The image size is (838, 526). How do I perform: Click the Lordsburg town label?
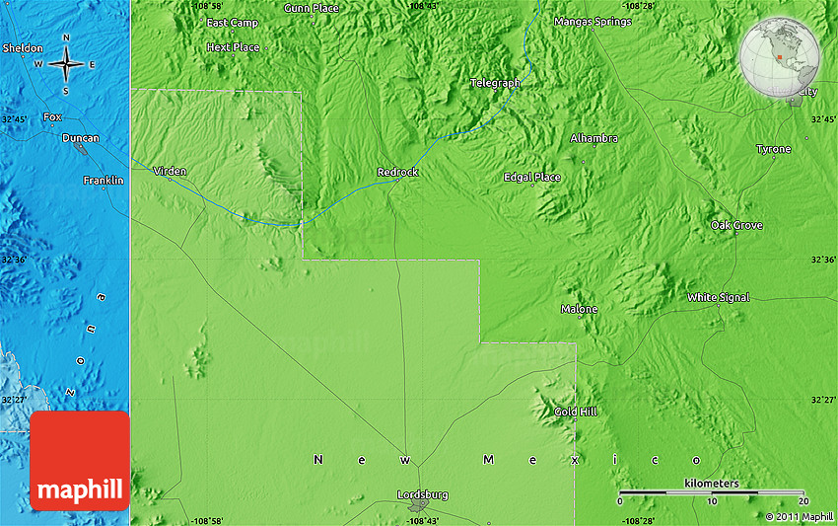pyautogui.click(x=422, y=493)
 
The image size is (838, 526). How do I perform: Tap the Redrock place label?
pyautogui.click(x=398, y=173)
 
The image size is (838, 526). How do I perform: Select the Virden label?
pyautogui.click(x=170, y=171)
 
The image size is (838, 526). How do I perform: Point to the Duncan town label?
pyautogui.click(x=80, y=138)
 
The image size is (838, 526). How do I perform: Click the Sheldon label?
pyautogui.click(x=23, y=47)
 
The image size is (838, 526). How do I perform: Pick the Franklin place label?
pyautogui.click(x=104, y=180)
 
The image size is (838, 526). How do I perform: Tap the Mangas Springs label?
pyautogui.click(x=593, y=22)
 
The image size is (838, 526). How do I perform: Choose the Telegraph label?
pyautogui.click(x=495, y=83)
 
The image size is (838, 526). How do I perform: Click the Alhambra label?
pyautogui.click(x=594, y=138)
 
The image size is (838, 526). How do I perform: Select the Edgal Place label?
pyautogui.click(x=532, y=178)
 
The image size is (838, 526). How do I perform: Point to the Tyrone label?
pyautogui.click(x=774, y=149)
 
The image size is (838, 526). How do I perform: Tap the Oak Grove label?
pyautogui.click(x=737, y=225)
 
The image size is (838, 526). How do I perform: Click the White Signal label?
pyautogui.click(x=719, y=297)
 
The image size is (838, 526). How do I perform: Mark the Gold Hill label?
pyautogui.click(x=575, y=412)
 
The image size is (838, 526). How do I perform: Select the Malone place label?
pyautogui.click(x=580, y=309)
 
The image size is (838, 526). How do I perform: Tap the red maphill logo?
pyautogui.click(x=80, y=461)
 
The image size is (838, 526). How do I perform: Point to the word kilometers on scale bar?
pyautogui.click(x=711, y=484)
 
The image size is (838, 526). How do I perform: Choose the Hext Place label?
pyautogui.click(x=234, y=47)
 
